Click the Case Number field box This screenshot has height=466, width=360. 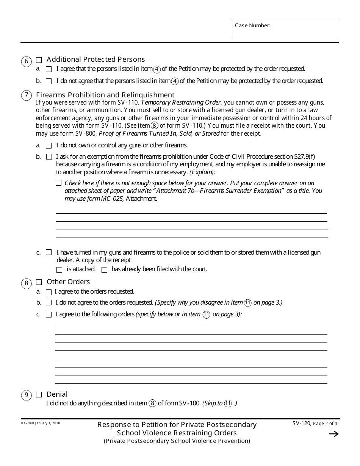(x=286, y=30)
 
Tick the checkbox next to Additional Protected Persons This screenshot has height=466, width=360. (x=39, y=60)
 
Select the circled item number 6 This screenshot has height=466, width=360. (x=26, y=62)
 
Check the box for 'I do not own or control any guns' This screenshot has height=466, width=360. (x=49, y=145)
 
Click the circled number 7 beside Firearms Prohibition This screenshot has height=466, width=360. (x=26, y=95)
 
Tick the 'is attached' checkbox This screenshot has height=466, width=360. (x=59, y=270)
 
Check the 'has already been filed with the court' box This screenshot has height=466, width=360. (x=104, y=270)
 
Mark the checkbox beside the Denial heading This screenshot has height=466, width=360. (x=39, y=395)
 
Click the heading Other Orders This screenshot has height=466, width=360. (x=68, y=282)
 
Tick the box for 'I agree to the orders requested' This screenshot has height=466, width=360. (x=49, y=292)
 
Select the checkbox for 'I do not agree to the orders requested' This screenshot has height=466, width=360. (x=49, y=303)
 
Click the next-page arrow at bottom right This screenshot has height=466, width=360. (x=334, y=434)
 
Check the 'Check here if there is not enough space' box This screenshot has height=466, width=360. (x=58, y=183)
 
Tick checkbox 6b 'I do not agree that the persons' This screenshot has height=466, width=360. (x=49, y=81)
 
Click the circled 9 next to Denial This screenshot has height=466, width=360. (x=26, y=396)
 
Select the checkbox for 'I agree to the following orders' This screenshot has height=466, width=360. (x=49, y=314)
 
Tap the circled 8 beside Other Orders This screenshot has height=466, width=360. (x=26, y=283)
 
